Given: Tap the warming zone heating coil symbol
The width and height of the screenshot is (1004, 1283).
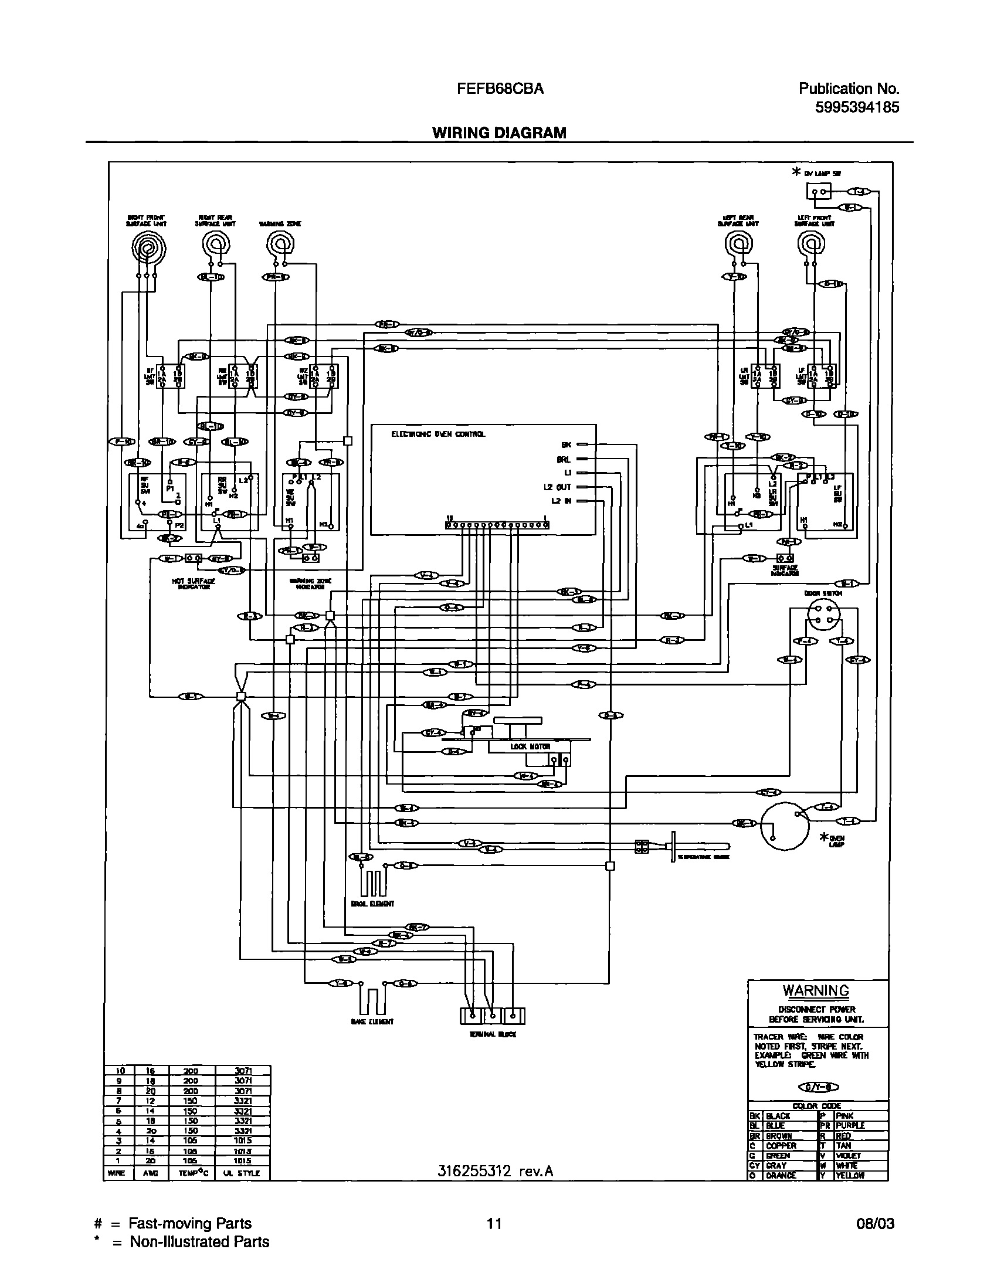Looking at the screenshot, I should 280,242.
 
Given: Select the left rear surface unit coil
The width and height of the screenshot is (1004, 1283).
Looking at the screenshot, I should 738,242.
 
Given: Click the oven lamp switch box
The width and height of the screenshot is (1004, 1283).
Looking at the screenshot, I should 819,192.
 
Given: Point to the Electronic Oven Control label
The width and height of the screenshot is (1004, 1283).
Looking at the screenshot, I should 438,435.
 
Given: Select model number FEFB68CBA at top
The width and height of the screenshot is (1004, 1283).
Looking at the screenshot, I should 500,89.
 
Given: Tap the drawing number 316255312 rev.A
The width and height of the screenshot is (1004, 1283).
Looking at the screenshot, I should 496,1172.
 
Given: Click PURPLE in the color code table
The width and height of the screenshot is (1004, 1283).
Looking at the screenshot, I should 849,1125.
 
